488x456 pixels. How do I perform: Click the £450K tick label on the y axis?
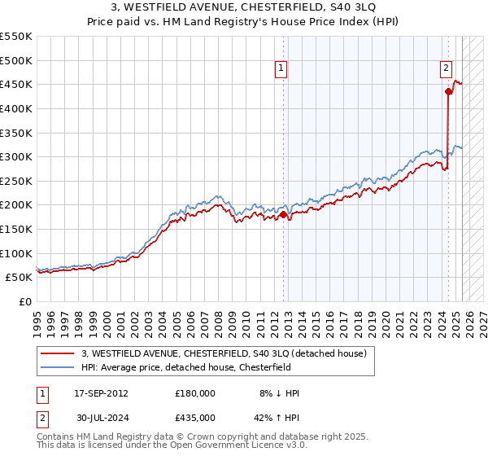point(16,84)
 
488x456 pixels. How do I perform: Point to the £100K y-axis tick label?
point(16,253)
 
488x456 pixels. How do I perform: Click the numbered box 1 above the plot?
point(281,69)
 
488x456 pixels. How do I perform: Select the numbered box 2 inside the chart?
point(447,69)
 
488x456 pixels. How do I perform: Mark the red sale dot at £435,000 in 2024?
point(448,92)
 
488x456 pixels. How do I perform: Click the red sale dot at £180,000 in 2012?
point(284,215)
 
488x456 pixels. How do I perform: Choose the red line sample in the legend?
point(58,353)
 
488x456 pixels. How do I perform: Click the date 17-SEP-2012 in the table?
point(101,393)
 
